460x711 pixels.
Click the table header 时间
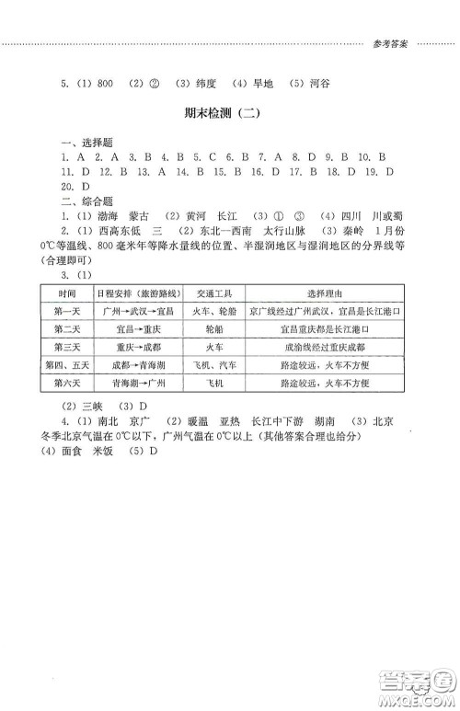click(65, 292)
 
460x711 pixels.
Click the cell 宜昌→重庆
click(132, 328)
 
